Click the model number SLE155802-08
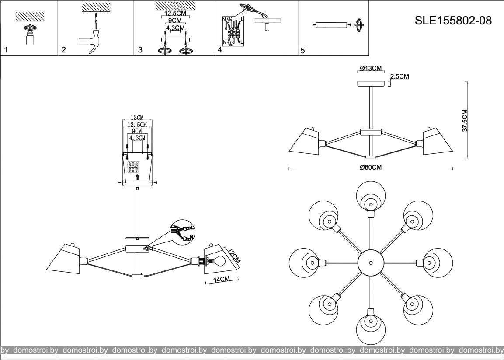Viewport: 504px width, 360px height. pyautogui.click(x=452, y=21)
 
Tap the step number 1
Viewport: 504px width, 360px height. pyautogui.click(x=6, y=50)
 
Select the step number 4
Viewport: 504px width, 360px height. pyautogui.click(x=220, y=50)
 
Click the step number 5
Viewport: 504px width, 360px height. pyautogui.click(x=302, y=50)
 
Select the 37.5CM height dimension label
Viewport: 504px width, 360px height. pyautogui.click(x=465, y=120)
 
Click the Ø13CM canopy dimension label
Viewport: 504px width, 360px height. pyautogui.click(x=371, y=68)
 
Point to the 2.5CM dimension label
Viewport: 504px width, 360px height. pyautogui.click(x=400, y=76)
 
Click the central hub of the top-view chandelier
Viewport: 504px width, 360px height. pyautogui.click(x=371, y=263)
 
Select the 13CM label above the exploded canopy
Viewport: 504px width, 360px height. pyautogui.click(x=137, y=118)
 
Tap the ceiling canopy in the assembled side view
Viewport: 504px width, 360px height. pyautogui.click(x=370, y=84)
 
